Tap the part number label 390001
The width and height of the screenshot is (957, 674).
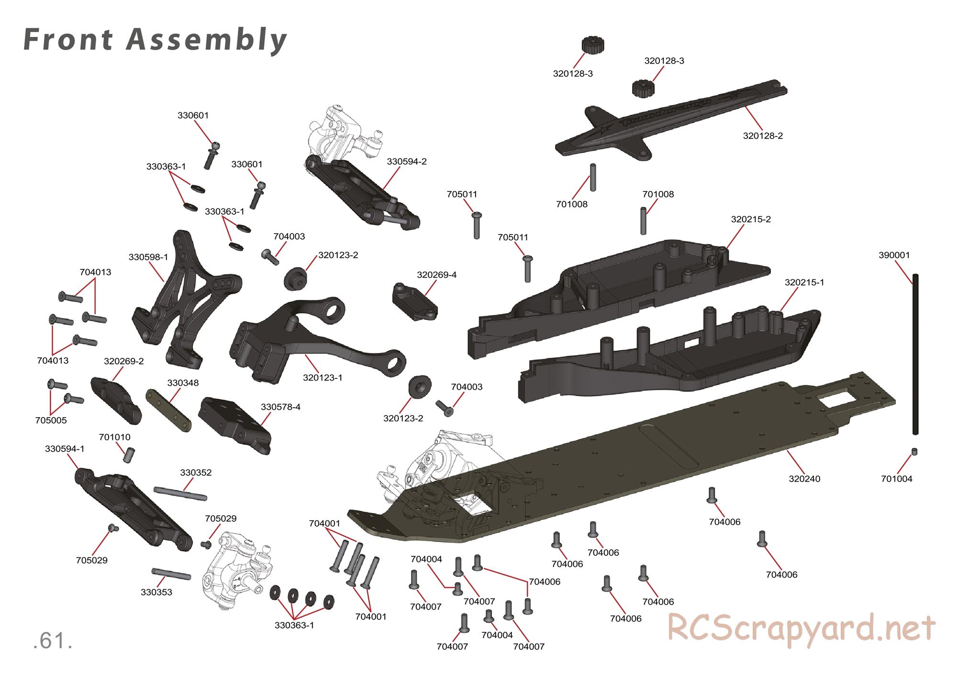[894, 255]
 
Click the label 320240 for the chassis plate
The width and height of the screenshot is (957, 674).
[804, 478]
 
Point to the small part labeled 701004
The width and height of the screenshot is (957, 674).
[915, 452]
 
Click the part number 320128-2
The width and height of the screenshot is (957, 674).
[763, 136]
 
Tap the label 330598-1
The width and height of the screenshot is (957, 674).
[148, 257]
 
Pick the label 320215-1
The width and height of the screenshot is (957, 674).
[804, 283]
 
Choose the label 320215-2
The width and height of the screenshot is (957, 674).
[751, 220]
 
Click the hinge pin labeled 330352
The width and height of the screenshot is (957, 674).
[180, 493]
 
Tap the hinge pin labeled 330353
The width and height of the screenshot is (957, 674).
[171, 575]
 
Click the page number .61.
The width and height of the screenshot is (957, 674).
[53, 641]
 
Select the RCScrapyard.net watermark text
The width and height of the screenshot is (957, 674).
[801, 628]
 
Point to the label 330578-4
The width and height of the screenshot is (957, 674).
[280, 407]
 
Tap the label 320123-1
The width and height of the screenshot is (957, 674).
[323, 378]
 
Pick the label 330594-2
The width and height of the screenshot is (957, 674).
[407, 162]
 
